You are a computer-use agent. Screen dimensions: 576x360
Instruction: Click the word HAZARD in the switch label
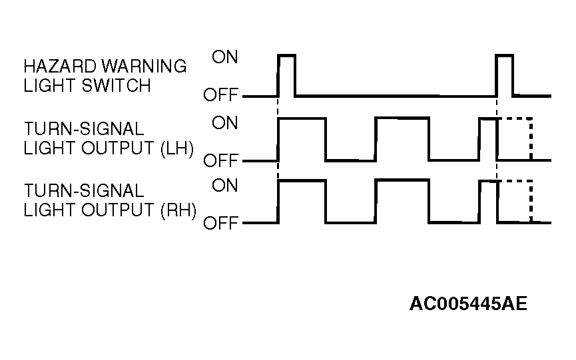tap(60, 67)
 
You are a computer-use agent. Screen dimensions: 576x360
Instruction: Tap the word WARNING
tap(144, 67)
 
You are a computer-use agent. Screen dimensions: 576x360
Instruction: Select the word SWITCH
tap(116, 85)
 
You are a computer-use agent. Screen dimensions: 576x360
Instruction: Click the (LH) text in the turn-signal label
tap(177, 148)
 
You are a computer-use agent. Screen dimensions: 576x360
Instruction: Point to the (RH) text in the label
tap(178, 210)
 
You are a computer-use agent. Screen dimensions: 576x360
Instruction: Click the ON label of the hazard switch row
tap(225, 57)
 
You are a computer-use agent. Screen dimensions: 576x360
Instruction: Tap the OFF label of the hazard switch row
tap(221, 94)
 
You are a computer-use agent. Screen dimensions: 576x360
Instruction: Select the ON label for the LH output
tap(225, 122)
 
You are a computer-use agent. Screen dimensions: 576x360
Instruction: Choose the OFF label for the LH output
tap(221, 160)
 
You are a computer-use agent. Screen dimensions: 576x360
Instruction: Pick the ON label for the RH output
tap(225, 185)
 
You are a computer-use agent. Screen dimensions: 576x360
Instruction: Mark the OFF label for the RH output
tap(221, 223)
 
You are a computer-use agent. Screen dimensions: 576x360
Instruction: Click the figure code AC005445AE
tap(468, 303)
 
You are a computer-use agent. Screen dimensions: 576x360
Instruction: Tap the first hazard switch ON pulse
tap(286, 55)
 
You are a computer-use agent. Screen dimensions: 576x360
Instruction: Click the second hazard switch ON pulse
tap(504, 55)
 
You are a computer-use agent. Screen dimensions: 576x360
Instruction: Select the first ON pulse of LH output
tap(302, 118)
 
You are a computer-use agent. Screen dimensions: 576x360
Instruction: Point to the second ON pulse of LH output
tap(402, 118)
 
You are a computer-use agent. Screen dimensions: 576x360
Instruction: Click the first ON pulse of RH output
tap(302, 180)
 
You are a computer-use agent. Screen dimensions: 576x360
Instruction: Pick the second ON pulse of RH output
tap(402, 180)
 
